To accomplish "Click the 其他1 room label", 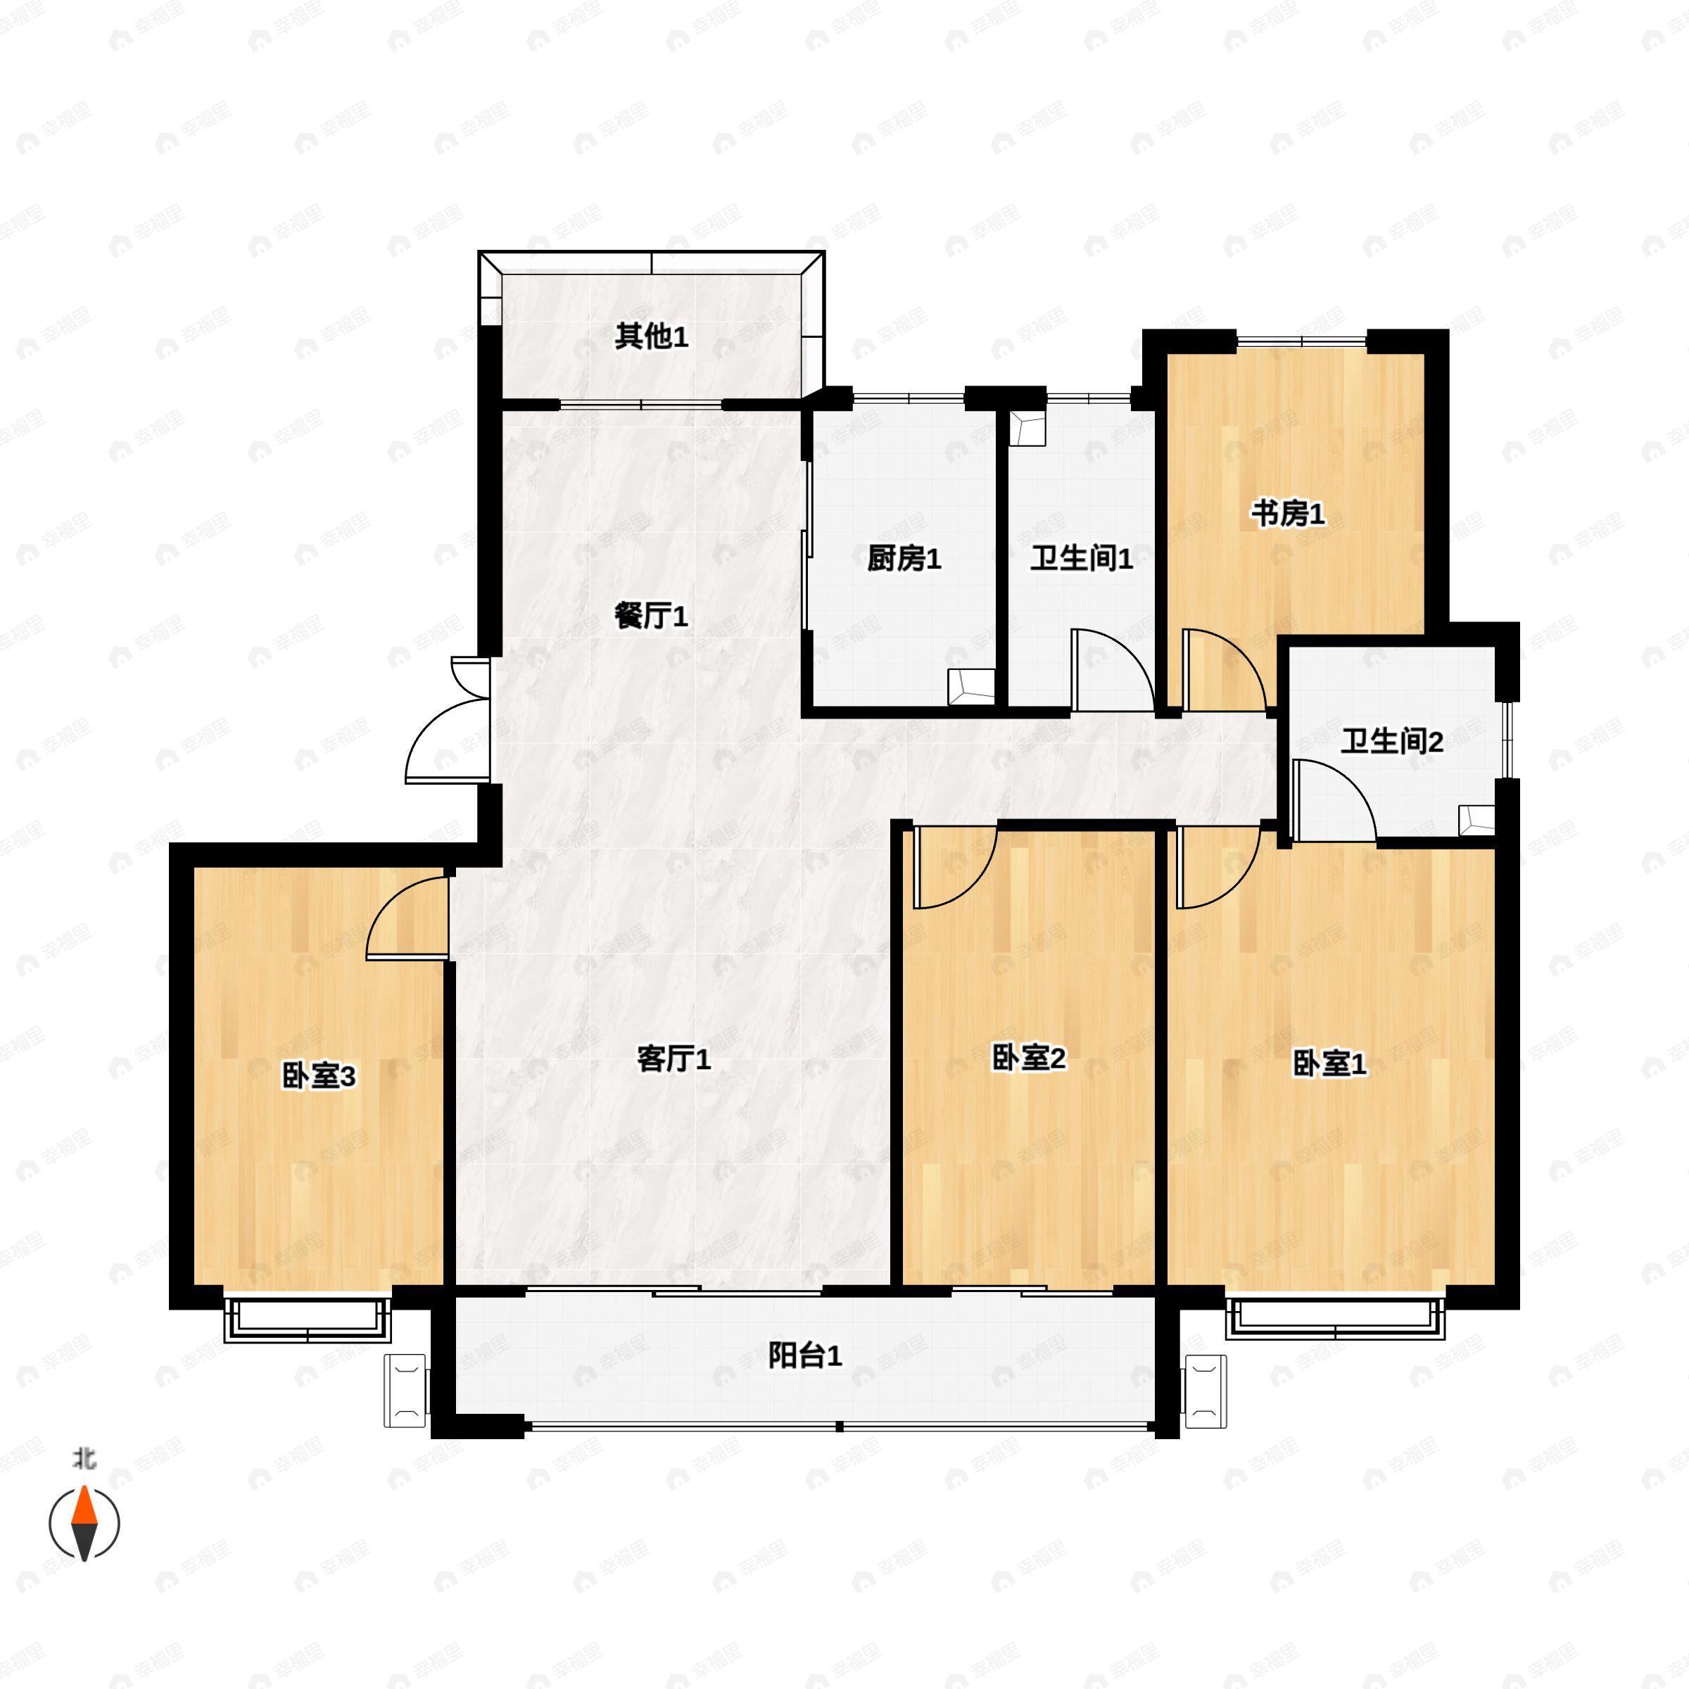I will point(650,336).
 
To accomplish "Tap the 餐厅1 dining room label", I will point(650,616).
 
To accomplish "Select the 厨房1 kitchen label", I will point(904,559).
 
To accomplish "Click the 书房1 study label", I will point(1287,514).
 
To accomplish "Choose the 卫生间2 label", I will point(1392,742).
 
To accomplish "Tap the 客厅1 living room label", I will point(673,1060).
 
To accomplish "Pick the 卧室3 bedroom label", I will point(318,1077).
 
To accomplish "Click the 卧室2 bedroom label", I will point(1028,1058).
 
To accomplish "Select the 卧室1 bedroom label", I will point(1329,1065).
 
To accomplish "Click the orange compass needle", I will point(84,1505).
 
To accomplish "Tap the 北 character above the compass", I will point(84,1459).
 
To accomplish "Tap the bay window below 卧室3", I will point(308,1320).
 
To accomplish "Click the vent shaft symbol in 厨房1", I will point(972,685).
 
